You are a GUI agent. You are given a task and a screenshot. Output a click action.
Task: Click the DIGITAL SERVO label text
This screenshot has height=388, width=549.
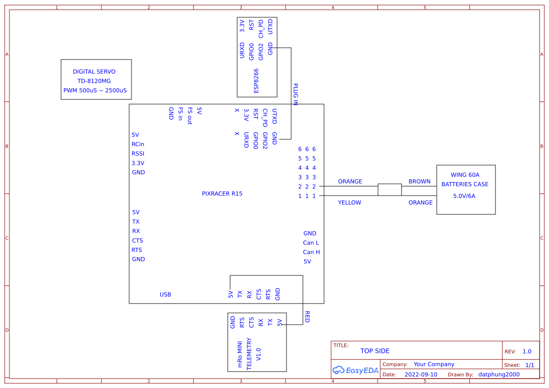(x=94, y=72)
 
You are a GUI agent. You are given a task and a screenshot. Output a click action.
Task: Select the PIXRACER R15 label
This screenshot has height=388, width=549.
(x=222, y=193)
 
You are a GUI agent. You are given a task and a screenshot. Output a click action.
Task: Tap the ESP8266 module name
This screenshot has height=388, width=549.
(x=256, y=81)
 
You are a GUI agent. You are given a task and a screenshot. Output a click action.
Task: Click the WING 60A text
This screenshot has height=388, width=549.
(x=465, y=175)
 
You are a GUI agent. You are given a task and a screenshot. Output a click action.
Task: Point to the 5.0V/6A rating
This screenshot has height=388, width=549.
(x=464, y=196)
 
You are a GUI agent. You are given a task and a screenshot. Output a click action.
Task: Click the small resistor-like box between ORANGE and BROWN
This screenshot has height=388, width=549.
(x=390, y=190)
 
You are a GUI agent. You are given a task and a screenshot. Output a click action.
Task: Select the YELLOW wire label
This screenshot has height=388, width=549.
(x=349, y=203)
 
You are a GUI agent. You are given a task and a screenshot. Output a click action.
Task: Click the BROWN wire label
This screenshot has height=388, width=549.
(x=419, y=182)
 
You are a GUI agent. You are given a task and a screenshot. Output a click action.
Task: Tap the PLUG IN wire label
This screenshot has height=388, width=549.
(x=295, y=94)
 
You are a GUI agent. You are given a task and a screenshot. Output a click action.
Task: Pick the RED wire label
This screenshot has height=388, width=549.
(x=307, y=317)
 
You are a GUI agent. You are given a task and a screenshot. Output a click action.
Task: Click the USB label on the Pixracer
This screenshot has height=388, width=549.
(x=165, y=295)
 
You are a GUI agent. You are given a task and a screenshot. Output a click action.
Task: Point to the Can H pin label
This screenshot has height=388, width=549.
(x=311, y=252)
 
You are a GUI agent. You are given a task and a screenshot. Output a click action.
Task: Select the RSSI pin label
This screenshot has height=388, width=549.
(x=138, y=153)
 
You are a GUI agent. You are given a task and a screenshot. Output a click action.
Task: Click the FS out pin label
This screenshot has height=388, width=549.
(x=190, y=116)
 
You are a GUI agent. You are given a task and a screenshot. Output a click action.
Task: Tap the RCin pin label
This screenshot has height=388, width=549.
(x=138, y=144)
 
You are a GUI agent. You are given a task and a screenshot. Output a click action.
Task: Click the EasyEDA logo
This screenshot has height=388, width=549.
(x=356, y=370)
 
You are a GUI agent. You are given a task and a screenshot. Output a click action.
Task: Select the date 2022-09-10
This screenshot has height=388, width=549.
(x=421, y=374)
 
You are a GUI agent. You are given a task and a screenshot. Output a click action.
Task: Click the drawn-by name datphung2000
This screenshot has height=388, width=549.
(x=499, y=374)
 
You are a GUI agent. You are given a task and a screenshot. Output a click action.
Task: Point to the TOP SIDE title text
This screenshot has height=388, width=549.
(x=375, y=351)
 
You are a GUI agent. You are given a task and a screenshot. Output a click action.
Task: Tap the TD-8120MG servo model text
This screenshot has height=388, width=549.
(x=94, y=81)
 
